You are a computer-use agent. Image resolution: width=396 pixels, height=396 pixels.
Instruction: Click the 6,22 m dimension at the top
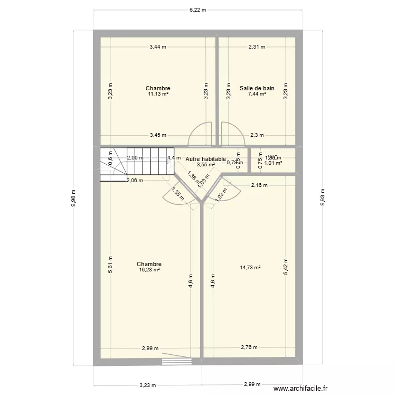[x=198, y=10]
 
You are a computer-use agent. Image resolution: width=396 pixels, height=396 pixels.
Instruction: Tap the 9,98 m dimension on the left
[x=73, y=198]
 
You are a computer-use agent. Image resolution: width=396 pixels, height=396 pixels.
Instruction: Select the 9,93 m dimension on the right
[x=323, y=198]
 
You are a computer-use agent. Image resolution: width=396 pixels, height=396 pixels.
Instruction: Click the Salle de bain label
[x=257, y=88]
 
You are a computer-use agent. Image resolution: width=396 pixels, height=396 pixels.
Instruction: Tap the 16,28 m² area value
[x=149, y=270]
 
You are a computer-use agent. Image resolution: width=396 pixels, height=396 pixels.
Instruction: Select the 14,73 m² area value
[x=250, y=268]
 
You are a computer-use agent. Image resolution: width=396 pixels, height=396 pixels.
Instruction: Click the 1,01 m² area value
[x=273, y=163]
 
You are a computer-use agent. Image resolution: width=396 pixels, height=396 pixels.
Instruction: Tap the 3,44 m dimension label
[x=157, y=46]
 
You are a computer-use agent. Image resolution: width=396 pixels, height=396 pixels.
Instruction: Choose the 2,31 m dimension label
[x=257, y=46]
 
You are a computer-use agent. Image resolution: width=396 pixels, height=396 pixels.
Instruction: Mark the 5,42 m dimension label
[x=286, y=267]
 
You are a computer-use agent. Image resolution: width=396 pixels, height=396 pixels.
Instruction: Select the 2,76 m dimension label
[x=249, y=347]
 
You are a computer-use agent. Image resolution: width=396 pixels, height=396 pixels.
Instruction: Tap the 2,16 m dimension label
[x=259, y=185]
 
